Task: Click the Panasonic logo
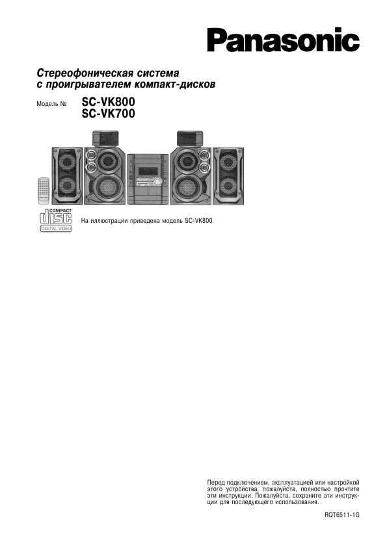point(284,40)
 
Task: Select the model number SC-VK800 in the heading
point(108,102)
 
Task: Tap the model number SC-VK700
point(108,114)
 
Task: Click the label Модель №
point(51,103)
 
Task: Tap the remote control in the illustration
point(44,190)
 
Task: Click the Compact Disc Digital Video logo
point(56,220)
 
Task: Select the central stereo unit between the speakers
point(148,179)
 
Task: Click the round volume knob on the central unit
point(158,181)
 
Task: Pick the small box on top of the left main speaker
point(105,138)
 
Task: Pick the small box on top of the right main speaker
point(190,138)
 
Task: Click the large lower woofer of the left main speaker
point(109,187)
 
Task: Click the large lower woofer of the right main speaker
point(187,187)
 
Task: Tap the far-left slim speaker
point(68,176)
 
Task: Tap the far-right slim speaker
point(228,176)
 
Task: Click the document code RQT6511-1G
point(341,515)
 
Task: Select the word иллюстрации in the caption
point(109,220)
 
